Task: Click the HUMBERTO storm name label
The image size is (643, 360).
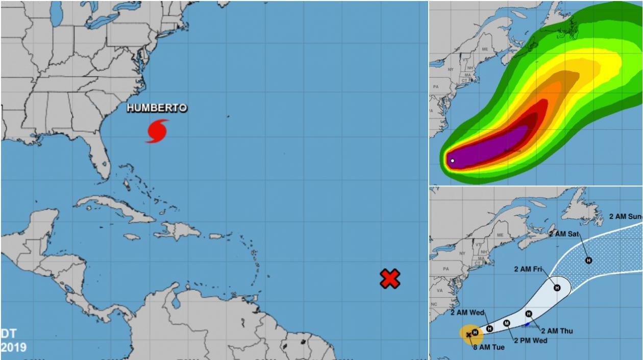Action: tap(157, 108)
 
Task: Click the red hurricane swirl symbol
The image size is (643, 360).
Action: tap(157, 131)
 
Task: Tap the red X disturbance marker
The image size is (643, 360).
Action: tap(390, 278)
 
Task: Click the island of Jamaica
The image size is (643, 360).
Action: tap(132, 237)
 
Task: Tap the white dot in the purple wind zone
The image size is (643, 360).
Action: tap(453, 161)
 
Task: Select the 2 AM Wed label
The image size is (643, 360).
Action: tap(467, 313)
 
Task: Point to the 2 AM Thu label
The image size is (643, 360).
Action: tap(557, 331)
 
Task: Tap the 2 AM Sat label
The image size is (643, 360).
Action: tap(564, 234)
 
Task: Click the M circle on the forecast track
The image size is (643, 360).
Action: tap(507, 323)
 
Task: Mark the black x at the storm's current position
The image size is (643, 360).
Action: tap(469, 335)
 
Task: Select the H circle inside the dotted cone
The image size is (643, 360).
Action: tap(588, 260)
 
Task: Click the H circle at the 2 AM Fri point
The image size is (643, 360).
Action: tap(557, 287)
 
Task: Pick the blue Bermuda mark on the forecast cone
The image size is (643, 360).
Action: tap(527, 324)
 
